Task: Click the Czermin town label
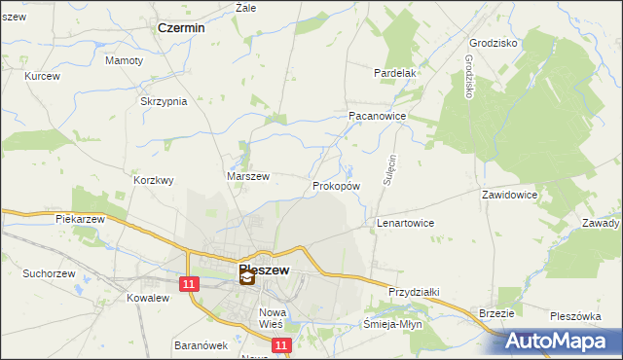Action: coord(181,28)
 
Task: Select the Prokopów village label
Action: coord(337,185)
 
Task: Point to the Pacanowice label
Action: coord(377,115)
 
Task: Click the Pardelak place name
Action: coord(395,73)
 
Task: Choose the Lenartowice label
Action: coord(405,223)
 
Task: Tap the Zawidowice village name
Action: coord(509,195)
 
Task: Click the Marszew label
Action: coord(247,176)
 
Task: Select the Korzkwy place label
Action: coord(153,180)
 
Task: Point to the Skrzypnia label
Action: coord(163,101)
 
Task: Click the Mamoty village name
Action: coord(124,60)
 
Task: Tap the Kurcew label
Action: coord(43,76)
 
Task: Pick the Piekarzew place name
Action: coord(80,219)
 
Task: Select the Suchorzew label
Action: coord(51,273)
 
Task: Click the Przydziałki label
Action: coord(416,292)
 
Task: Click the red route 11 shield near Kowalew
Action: coord(189,283)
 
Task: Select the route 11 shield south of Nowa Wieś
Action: coord(280,345)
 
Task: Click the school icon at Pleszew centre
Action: coord(247,278)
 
